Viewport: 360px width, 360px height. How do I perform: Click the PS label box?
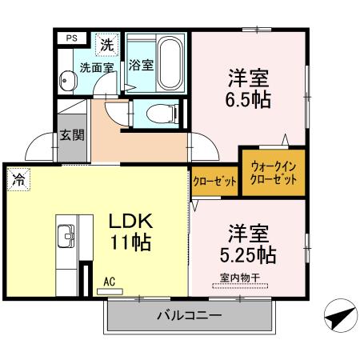pyautogui.click(x=72, y=37)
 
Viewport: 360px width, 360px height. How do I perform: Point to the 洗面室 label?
pyautogui.click(x=95, y=68)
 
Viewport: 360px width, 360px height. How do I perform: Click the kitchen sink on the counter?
pyautogui.click(x=66, y=238)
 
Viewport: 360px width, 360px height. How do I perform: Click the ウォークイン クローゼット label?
pyautogui.click(x=274, y=174)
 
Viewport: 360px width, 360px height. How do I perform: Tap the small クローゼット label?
pyautogui.click(x=215, y=181)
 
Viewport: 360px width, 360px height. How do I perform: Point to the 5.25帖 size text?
pyautogui.click(x=248, y=256)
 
